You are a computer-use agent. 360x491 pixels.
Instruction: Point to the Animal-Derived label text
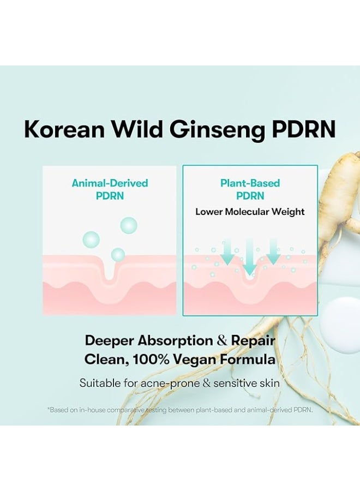(110, 183)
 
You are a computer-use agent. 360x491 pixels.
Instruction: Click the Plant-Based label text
(250, 183)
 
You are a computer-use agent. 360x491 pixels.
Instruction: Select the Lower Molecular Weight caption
(250, 212)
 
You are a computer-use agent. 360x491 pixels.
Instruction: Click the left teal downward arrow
(227, 253)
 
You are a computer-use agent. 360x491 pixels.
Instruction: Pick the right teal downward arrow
(273, 252)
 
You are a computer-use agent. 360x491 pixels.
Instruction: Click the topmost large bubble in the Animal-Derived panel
(129, 225)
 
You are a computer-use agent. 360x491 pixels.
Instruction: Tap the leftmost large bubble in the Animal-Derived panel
(91, 240)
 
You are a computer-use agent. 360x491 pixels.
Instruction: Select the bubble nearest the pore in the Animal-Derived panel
(118, 255)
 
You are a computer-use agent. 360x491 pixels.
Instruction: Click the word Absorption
(175, 341)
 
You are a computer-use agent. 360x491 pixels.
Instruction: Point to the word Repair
(253, 341)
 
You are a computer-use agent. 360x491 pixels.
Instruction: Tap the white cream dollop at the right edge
(341, 325)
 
